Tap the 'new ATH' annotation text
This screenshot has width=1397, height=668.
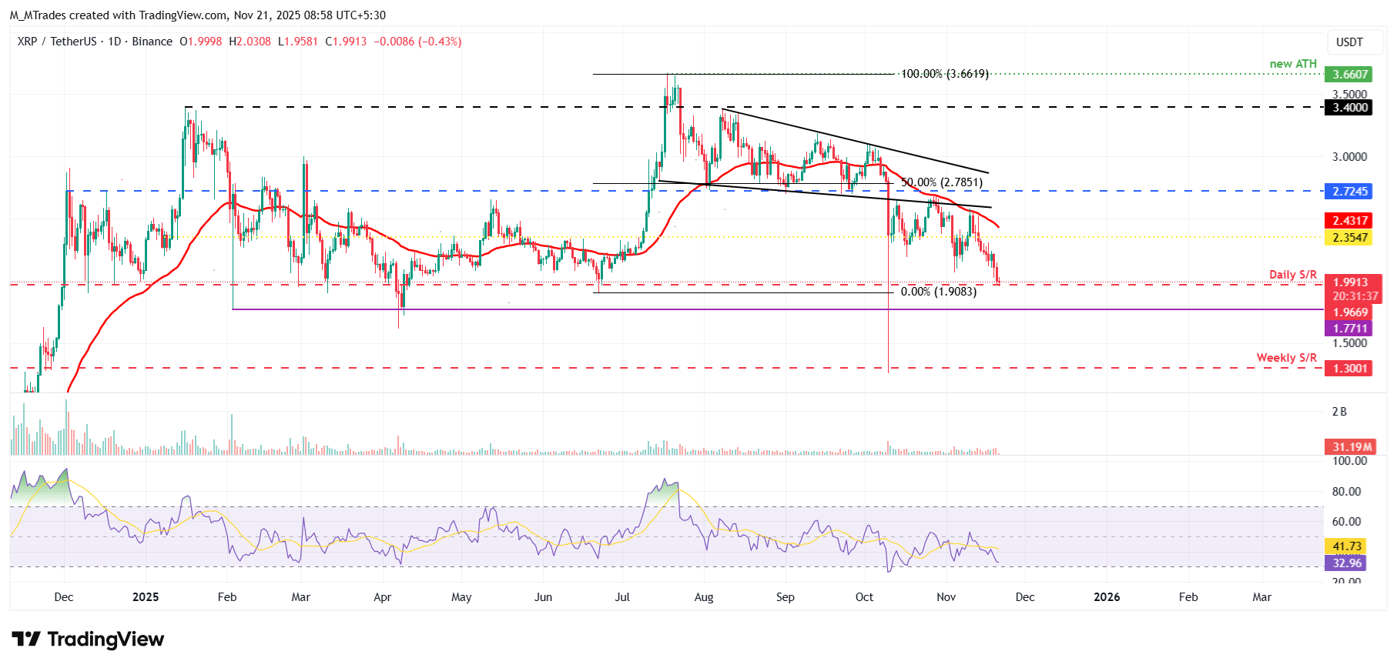[1293, 64]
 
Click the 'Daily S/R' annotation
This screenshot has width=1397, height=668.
[1293, 275]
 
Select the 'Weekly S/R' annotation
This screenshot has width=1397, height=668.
[1286, 358]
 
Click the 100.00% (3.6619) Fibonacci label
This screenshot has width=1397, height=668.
[944, 74]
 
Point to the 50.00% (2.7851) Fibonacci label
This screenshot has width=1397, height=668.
[941, 182]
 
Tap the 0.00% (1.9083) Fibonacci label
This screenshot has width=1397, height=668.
[938, 292]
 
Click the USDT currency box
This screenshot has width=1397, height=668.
[1349, 42]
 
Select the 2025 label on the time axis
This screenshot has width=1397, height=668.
[146, 597]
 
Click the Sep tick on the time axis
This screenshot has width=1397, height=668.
[785, 597]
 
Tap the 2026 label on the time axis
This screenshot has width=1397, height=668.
[1107, 597]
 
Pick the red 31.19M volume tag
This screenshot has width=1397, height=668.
[1352, 447]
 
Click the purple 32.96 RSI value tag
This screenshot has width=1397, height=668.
[1348, 563]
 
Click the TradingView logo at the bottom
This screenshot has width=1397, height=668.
[88, 640]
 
